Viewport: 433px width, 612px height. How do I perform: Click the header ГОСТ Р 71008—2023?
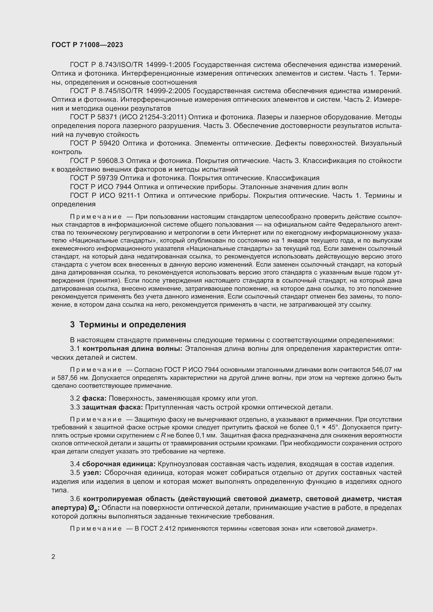point(87,45)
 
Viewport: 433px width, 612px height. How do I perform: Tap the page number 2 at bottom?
point(53,557)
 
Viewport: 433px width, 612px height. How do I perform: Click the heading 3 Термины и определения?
point(128,324)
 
